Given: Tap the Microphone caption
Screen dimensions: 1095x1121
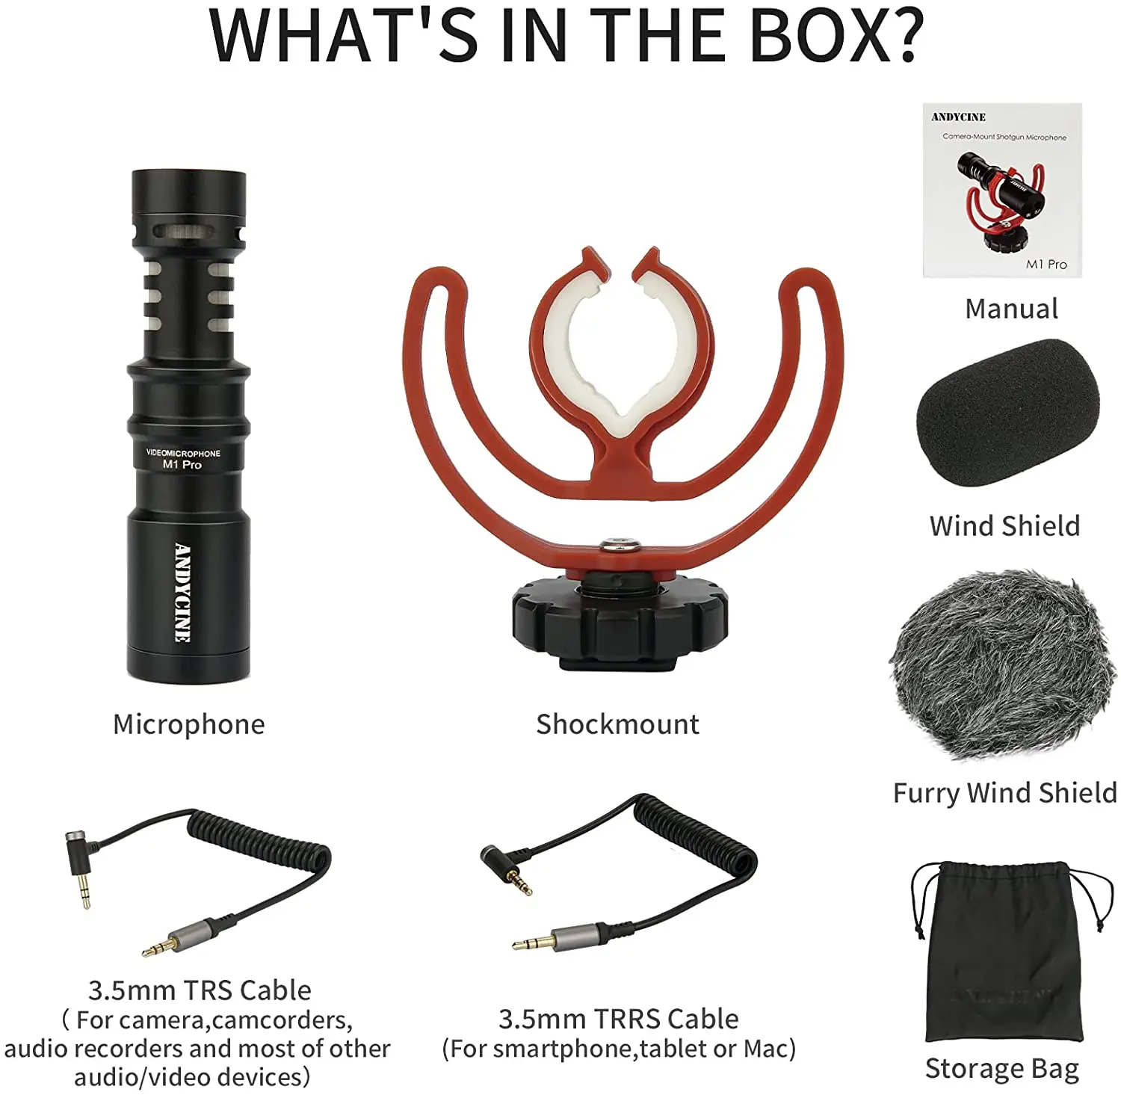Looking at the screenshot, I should coord(188,724).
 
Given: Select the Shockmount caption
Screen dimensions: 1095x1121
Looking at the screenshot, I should coord(617,724).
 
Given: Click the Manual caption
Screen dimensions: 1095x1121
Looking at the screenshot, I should coord(1011,309).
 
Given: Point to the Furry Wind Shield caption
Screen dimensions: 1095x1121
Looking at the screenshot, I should coord(1004,792).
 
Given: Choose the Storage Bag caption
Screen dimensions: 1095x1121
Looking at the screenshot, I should coord(1001,1069).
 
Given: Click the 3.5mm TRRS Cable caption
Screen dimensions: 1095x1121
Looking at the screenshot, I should coord(618,1019).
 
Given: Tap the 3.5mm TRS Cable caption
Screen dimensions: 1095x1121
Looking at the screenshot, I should coord(200,990).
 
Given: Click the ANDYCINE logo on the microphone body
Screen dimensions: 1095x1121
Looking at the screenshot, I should coord(182,592).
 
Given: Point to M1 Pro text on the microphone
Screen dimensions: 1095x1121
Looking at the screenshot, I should coord(182,465).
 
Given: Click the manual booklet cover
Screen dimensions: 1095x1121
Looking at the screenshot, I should coord(1002,191).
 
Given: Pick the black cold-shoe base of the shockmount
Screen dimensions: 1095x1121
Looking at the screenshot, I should coord(620,620).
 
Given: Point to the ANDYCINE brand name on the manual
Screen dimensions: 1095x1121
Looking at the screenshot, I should coord(958,117).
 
